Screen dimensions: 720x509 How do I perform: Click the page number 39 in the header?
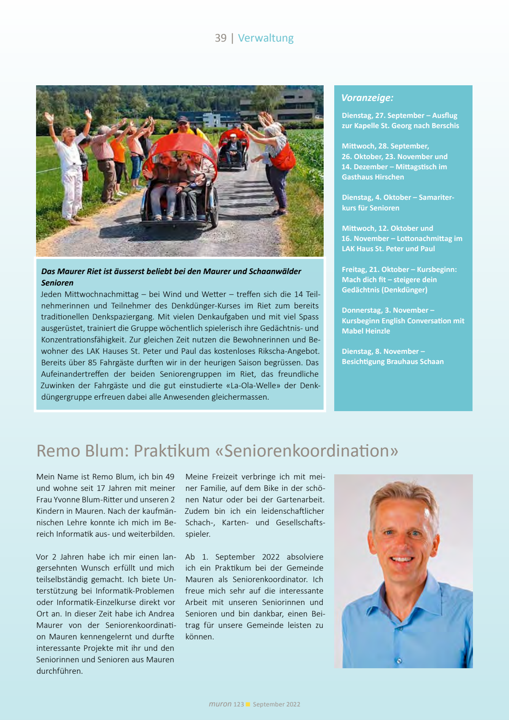coord(221,38)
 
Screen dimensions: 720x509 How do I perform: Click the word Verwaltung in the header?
coord(266,38)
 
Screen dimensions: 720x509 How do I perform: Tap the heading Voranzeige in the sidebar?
coord(367,98)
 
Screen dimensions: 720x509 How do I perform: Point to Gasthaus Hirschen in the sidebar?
coord(373,177)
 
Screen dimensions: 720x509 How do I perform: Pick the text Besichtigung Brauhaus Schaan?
coord(393,361)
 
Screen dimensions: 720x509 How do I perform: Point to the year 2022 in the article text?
coord(271,557)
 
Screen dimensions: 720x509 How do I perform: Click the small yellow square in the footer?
coord(248,704)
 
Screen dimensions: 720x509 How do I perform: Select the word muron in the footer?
coord(220,704)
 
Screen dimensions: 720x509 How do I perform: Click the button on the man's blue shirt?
coord(399,661)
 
